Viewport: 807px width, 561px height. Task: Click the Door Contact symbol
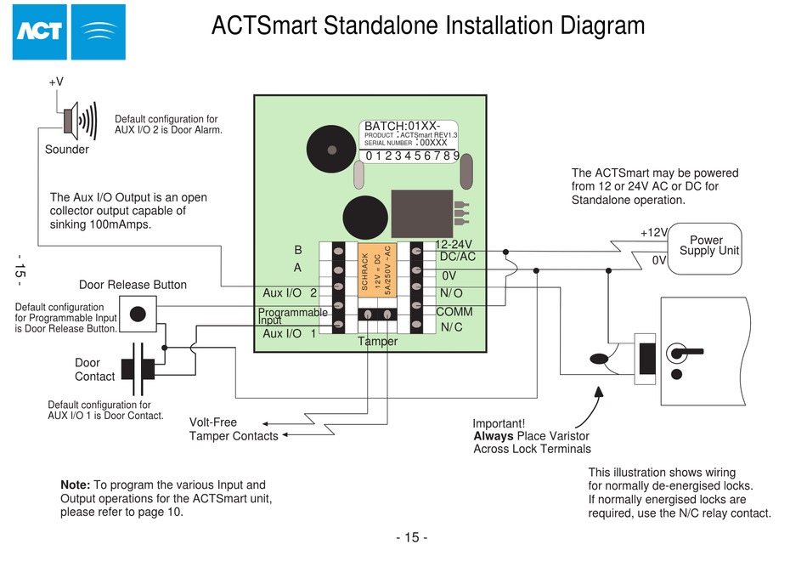click(138, 369)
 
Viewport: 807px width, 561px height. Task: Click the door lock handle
click(683, 351)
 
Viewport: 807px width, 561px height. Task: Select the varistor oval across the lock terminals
click(599, 359)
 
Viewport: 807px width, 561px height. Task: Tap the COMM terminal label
click(454, 312)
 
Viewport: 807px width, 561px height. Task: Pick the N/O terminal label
click(452, 293)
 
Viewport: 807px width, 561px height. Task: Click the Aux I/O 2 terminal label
click(290, 293)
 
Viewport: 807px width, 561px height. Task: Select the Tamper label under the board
click(377, 342)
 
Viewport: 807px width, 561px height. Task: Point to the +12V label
click(654, 233)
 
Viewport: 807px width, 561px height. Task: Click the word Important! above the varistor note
click(499, 423)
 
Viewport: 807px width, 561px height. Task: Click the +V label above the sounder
click(56, 82)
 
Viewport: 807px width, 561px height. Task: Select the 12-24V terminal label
click(453, 245)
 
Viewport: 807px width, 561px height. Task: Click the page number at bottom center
click(411, 537)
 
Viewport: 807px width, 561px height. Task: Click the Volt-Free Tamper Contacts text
click(233, 429)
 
